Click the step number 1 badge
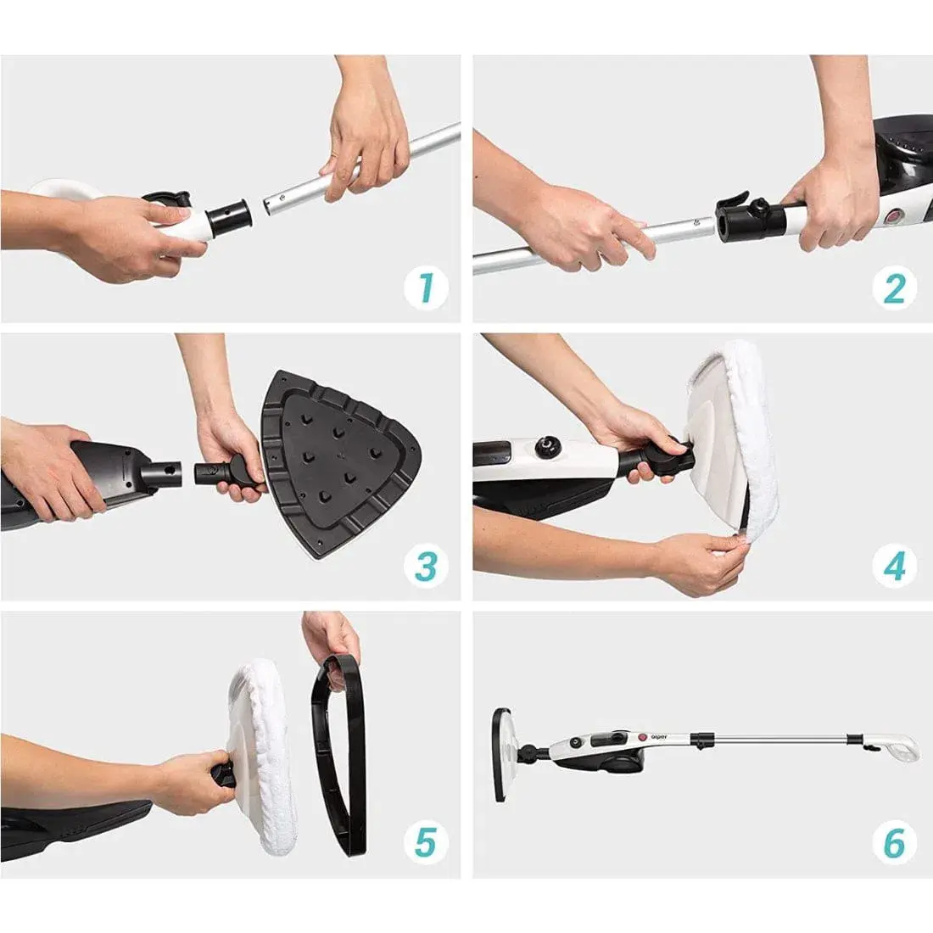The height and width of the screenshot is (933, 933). (x=426, y=288)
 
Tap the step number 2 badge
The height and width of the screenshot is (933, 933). (x=894, y=288)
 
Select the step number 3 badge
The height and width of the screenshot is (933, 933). (x=426, y=566)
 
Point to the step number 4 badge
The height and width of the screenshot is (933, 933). (x=894, y=566)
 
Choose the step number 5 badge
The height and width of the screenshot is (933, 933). (x=426, y=842)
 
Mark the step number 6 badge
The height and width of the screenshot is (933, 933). (x=894, y=842)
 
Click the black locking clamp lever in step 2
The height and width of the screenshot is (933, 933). (x=732, y=200)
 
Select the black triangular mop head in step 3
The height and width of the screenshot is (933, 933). (x=342, y=461)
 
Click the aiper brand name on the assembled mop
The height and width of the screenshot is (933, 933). (x=658, y=737)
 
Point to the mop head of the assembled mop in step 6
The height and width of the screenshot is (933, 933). (x=504, y=755)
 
